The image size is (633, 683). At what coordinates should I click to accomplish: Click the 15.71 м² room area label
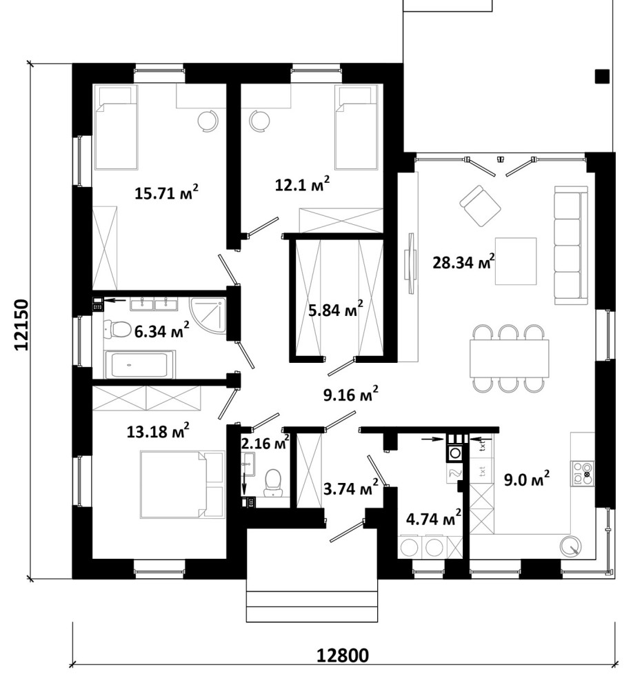click(x=166, y=192)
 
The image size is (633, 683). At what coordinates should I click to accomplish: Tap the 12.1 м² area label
click(x=302, y=184)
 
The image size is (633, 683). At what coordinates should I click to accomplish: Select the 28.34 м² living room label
click(x=463, y=261)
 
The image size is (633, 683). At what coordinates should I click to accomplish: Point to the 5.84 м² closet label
click(x=336, y=310)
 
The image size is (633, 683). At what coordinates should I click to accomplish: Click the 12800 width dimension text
click(x=342, y=655)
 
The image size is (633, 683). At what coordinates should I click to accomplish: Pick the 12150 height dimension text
click(x=22, y=324)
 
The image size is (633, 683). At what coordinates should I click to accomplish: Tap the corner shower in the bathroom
click(x=208, y=316)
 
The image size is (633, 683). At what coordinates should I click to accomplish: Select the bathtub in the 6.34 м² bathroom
click(x=139, y=364)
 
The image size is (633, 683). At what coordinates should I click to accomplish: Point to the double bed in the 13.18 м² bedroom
click(x=182, y=484)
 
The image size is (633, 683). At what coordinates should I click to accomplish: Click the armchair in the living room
click(x=480, y=206)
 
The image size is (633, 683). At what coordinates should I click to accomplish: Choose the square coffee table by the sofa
click(x=516, y=261)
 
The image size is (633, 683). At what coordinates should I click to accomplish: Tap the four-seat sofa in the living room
click(x=571, y=245)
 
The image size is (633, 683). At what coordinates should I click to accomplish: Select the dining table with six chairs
click(x=509, y=358)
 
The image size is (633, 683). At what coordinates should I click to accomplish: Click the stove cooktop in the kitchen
click(x=583, y=473)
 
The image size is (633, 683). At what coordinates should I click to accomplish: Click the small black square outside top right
click(x=603, y=76)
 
